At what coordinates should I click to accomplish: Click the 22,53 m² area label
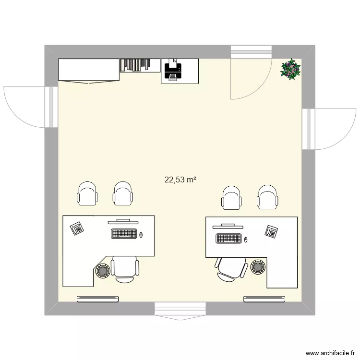click(x=180, y=180)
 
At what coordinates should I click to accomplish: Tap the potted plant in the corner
click(x=291, y=69)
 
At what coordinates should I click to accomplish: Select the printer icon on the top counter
click(x=173, y=71)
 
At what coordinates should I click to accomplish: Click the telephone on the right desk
click(x=272, y=232)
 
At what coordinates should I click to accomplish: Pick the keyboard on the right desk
click(x=229, y=238)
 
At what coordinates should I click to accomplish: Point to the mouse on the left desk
click(x=141, y=235)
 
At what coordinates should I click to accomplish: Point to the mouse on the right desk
click(x=246, y=239)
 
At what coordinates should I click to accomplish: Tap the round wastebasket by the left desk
click(x=103, y=271)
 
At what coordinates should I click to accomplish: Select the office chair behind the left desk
click(x=125, y=268)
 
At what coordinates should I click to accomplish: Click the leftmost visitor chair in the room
click(x=87, y=194)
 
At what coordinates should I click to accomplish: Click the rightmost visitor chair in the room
click(x=267, y=197)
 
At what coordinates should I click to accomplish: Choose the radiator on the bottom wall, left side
click(x=98, y=299)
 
